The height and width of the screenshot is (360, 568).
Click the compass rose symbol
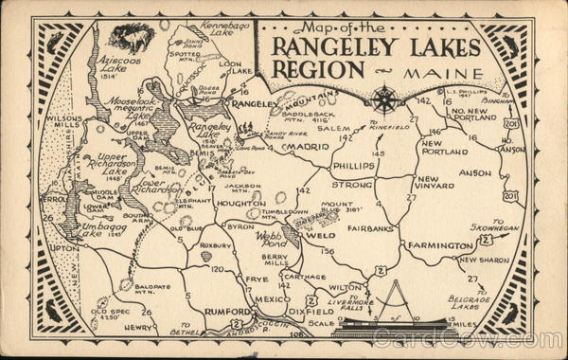click(384, 99)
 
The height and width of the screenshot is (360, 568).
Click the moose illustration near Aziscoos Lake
click(130, 37)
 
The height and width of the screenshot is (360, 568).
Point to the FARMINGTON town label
click(440, 245)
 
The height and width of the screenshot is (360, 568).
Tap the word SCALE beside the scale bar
click(321, 322)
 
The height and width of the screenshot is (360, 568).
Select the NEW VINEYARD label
click(428, 183)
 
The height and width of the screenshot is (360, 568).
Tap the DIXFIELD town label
click(312, 311)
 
